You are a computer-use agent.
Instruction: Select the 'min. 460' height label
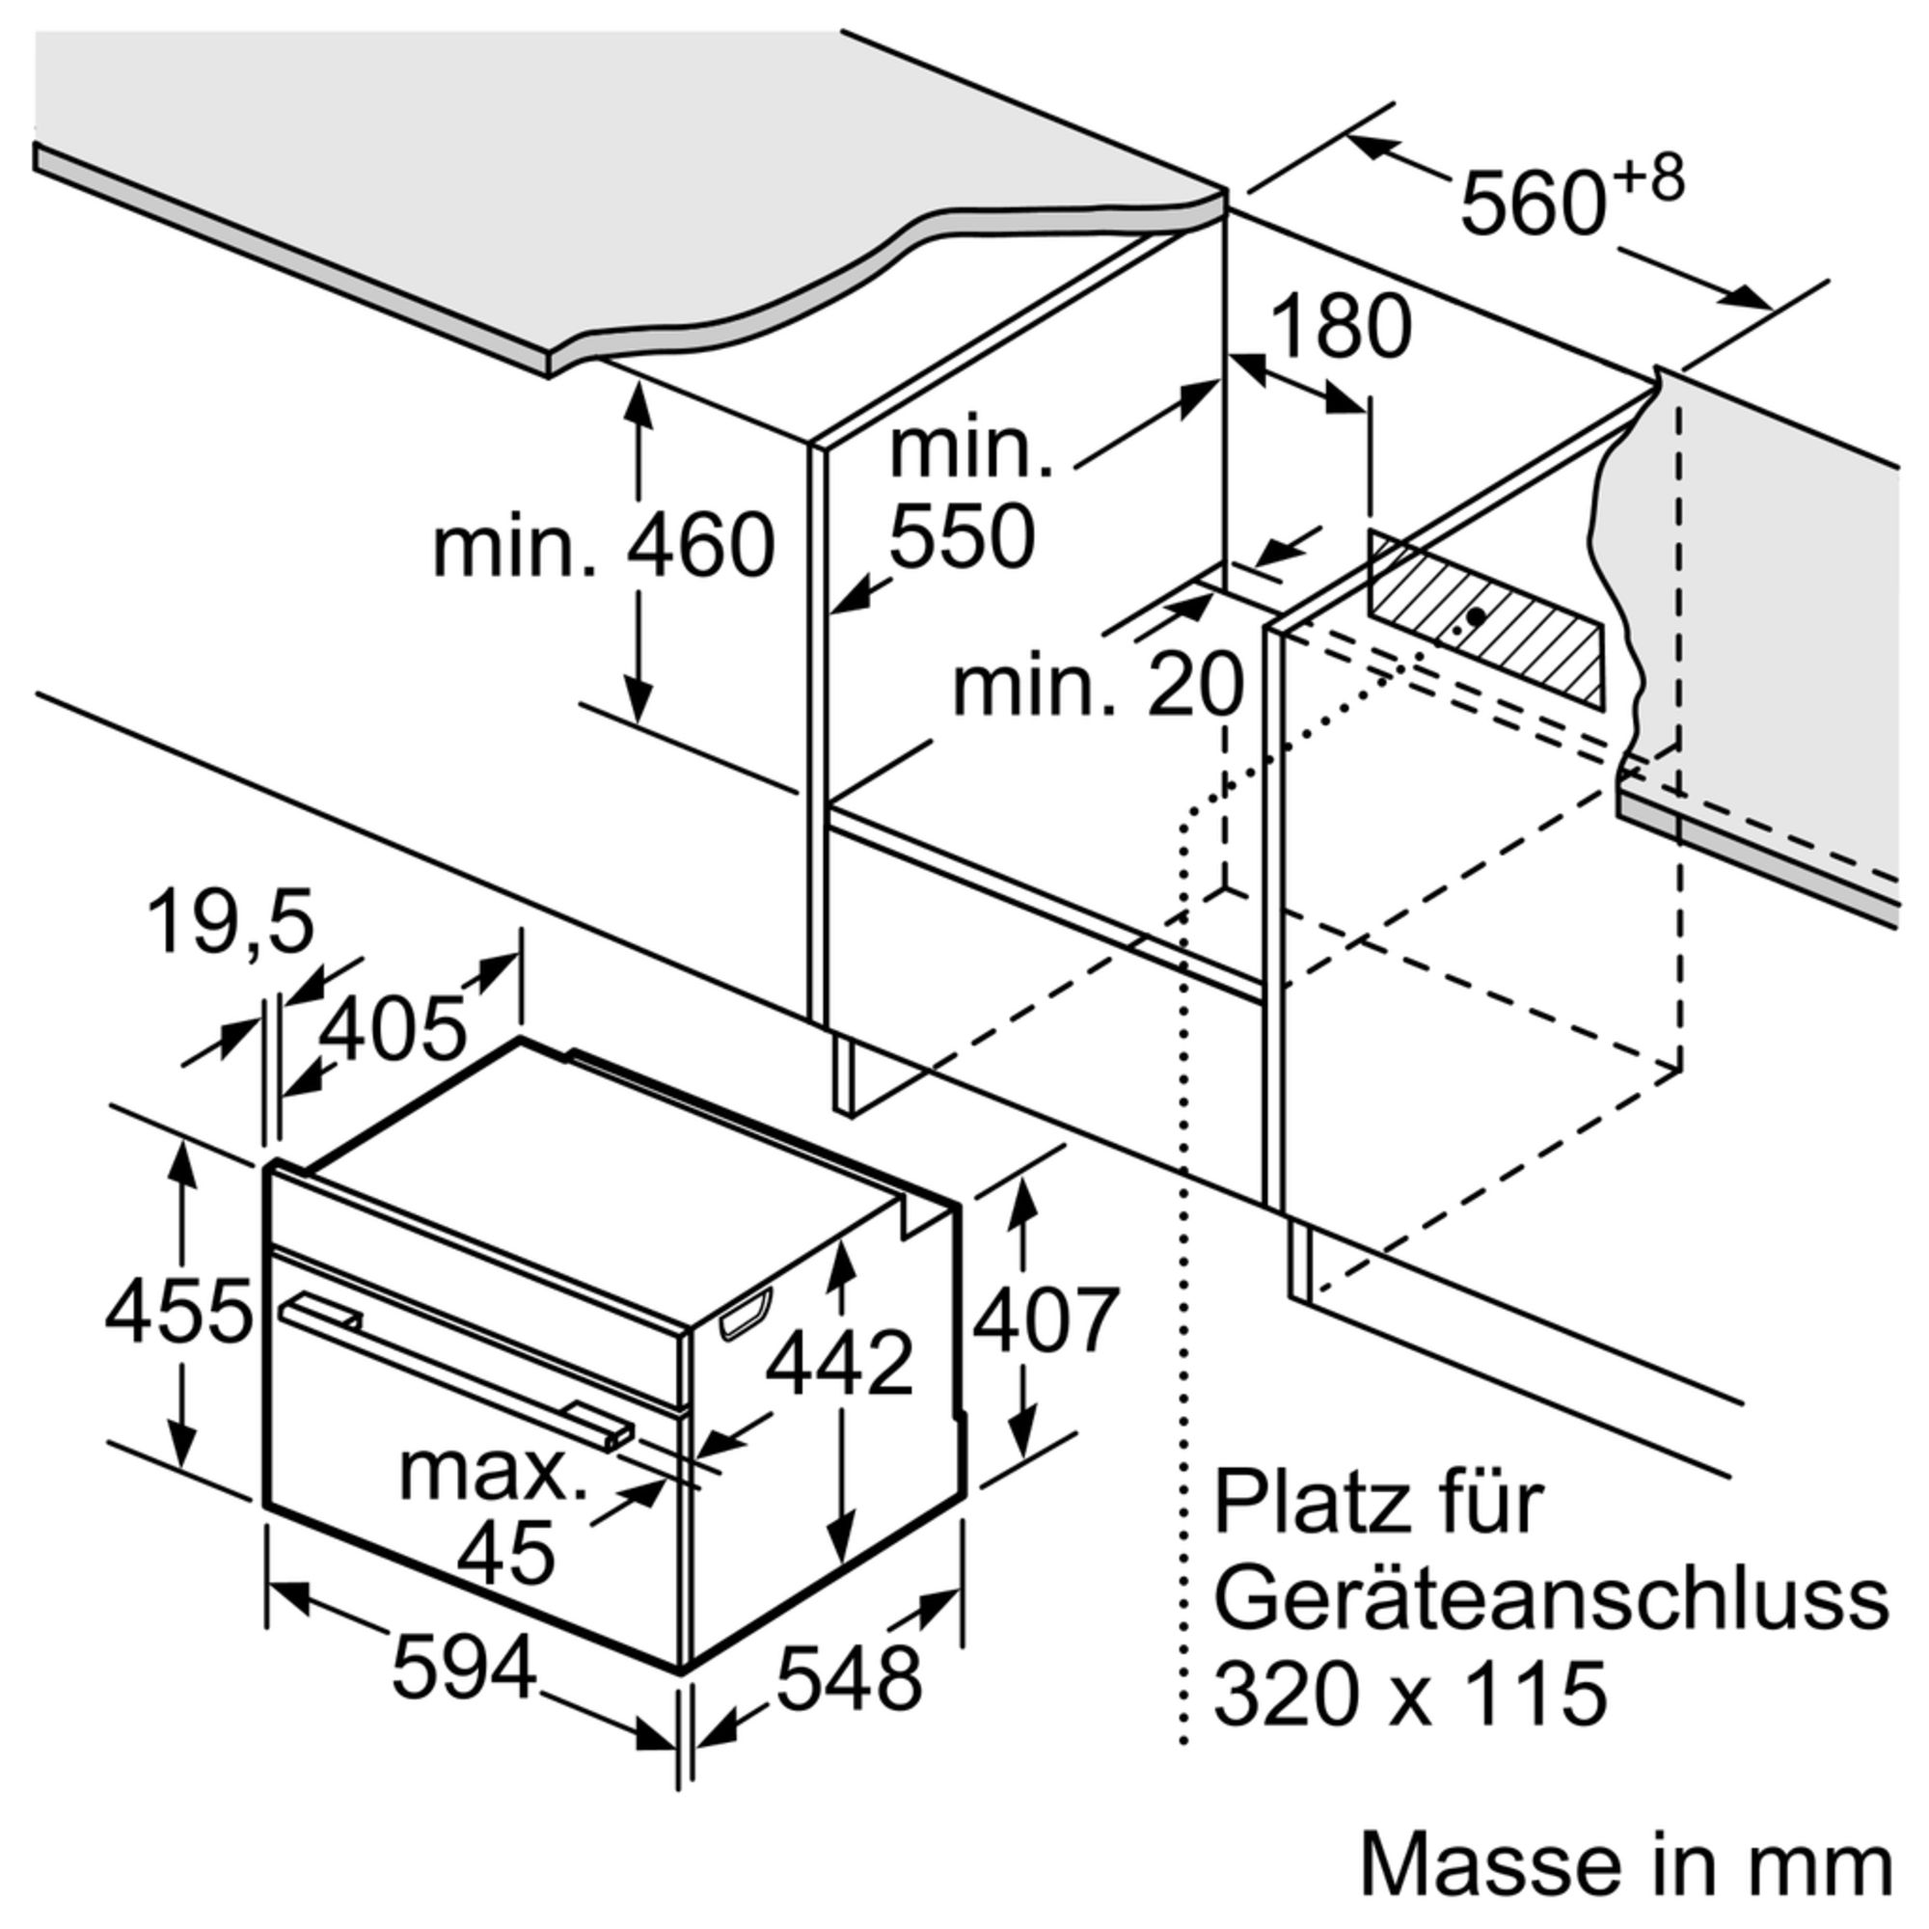coord(603,544)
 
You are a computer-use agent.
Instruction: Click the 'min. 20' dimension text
coord(1099,685)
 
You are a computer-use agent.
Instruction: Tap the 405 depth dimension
coord(393,1028)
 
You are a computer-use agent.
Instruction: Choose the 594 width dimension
coord(464,1670)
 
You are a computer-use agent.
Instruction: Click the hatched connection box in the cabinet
coord(1485,620)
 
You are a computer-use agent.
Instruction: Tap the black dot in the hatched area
coord(1475,616)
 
